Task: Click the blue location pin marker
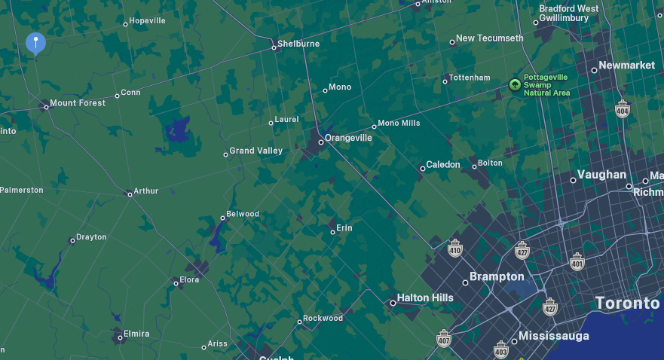(x=35, y=44)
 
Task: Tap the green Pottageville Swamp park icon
(x=516, y=84)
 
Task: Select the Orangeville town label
(x=348, y=138)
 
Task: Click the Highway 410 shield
(x=455, y=249)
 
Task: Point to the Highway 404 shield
(x=623, y=108)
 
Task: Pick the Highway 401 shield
(x=577, y=261)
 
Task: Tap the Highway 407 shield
(x=443, y=338)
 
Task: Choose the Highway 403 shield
(x=501, y=349)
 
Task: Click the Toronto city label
(x=627, y=303)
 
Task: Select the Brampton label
(x=497, y=276)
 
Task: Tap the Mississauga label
(x=554, y=335)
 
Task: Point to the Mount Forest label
(x=78, y=103)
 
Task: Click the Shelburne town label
(x=298, y=44)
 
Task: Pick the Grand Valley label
(x=256, y=151)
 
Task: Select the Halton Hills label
(x=425, y=297)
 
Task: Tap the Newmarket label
(x=627, y=66)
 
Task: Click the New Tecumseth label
(x=489, y=38)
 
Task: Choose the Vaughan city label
(x=602, y=175)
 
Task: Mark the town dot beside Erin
(x=332, y=232)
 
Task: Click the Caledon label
(x=443, y=164)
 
